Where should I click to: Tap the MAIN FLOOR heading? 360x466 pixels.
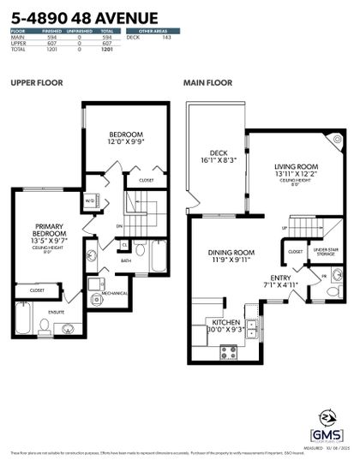tap(207, 84)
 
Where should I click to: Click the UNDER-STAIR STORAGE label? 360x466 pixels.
tap(325, 252)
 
